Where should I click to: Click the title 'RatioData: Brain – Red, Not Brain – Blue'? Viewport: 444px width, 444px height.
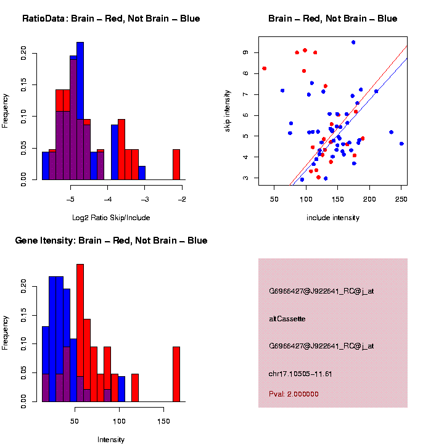111,18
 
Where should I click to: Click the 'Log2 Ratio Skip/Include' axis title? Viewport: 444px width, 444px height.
111,217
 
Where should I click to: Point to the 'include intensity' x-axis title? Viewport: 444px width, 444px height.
333,217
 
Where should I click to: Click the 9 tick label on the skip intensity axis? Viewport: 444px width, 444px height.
245,52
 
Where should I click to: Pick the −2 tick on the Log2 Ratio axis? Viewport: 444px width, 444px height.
183,199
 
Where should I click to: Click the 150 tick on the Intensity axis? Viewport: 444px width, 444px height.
163,423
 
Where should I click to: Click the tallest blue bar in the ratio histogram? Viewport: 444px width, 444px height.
80,111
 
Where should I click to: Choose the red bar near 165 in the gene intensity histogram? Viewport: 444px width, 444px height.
176,376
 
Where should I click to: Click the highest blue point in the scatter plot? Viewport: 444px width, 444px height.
353,43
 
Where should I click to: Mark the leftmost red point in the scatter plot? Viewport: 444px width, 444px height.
265,68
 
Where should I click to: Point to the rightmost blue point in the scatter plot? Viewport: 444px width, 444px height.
401,144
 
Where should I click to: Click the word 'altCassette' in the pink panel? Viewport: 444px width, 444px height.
287,319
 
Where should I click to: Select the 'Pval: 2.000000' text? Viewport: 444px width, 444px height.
294,394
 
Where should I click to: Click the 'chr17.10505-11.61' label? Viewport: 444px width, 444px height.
300,374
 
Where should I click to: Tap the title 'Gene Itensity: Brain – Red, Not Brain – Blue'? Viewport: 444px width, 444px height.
111,240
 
